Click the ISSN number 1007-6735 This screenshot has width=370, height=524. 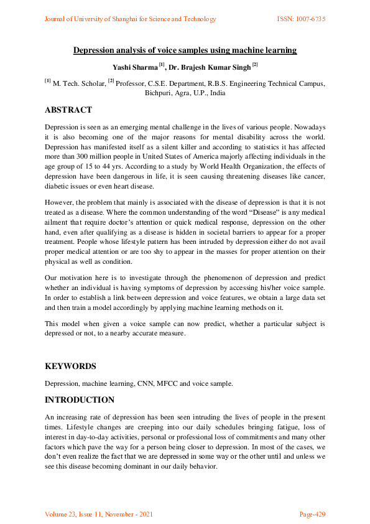coord(301,19)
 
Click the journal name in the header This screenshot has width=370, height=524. coord(130,19)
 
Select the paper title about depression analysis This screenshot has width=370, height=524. coord(185,50)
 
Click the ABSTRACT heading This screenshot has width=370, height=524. coord(68,110)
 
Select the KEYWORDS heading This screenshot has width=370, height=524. coord(70,367)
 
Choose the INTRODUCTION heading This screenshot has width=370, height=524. coord(80,400)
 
